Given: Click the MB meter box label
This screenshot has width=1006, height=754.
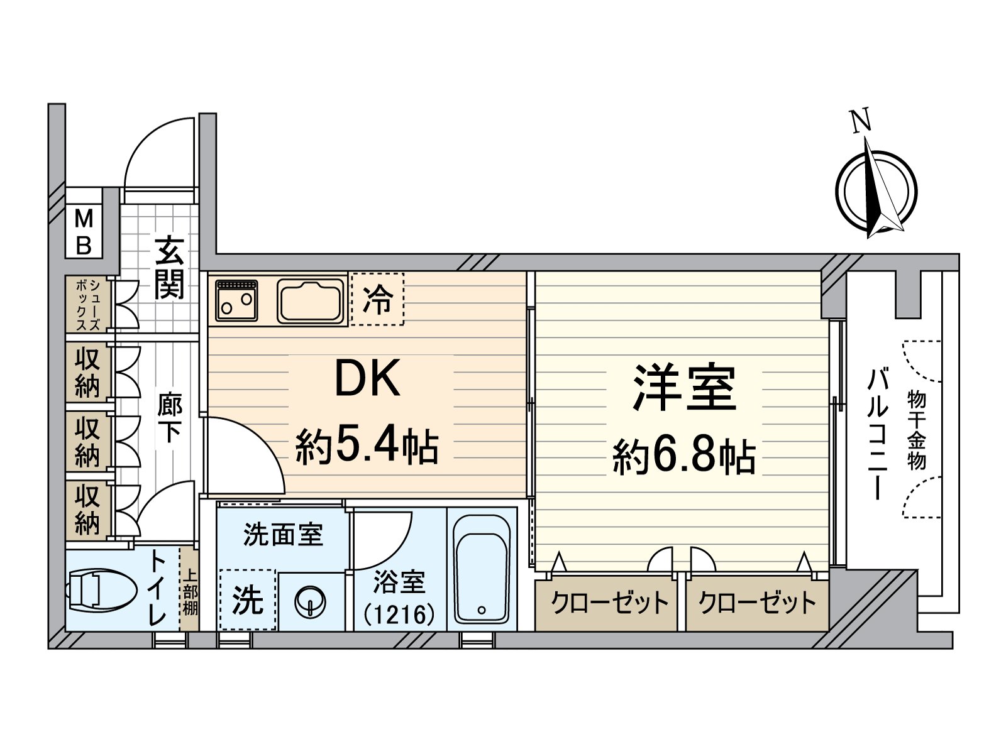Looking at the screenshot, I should (x=84, y=232).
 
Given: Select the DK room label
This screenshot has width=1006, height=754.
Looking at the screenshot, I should (x=368, y=379).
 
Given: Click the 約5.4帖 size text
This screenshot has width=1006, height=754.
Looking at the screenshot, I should (x=367, y=446).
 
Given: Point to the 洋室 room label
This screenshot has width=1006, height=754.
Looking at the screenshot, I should (x=684, y=388).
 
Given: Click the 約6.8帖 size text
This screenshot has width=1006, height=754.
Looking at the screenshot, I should (x=684, y=456).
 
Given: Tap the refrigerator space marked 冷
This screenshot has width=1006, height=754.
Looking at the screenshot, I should (x=377, y=299).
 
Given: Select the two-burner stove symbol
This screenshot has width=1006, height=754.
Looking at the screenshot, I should (x=236, y=300).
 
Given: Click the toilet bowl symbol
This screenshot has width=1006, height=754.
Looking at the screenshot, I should (x=101, y=590).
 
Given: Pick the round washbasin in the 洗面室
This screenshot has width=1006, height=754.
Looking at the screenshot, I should (x=311, y=601).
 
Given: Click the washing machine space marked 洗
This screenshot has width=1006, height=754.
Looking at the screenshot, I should (x=248, y=599).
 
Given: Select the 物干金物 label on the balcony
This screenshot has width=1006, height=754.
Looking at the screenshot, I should (x=917, y=430).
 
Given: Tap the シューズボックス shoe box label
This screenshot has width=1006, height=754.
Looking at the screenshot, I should (x=88, y=305).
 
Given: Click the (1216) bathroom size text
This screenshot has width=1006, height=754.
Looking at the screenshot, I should (x=399, y=614).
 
